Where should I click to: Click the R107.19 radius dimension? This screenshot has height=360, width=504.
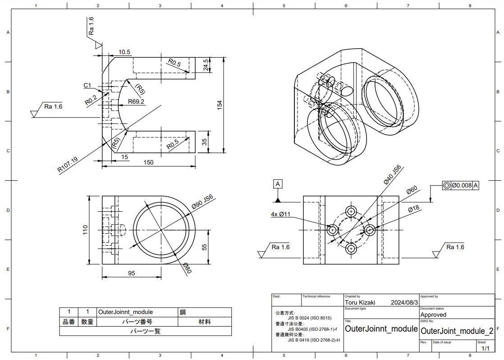pyautogui.click(x=68, y=165)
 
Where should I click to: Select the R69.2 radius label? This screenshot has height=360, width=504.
pyautogui.click(x=136, y=101)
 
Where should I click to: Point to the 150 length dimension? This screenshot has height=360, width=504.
pyautogui.click(x=148, y=162)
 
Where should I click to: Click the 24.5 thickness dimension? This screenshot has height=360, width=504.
pyautogui.click(x=206, y=65)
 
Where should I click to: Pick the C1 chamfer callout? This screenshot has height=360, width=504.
pyautogui.click(x=87, y=85)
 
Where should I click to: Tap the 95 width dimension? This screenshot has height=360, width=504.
pyautogui.click(x=131, y=273)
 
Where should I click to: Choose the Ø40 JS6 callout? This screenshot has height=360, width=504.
pyautogui.click(x=392, y=175)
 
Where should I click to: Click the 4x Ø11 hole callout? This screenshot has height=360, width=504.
pyautogui.click(x=280, y=214)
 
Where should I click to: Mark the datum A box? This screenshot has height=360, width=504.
pyautogui.click(x=278, y=184)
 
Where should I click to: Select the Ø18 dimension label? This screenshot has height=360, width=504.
pyautogui.click(x=413, y=209)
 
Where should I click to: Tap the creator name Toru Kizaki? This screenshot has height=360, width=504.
pyautogui.click(x=360, y=302)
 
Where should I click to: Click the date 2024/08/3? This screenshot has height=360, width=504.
pyautogui.click(x=404, y=302)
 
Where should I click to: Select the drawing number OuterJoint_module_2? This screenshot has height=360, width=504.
pyautogui.click(x=456, y=331)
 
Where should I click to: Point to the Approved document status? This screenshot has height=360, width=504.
pyautogui.click(x=433, y=314)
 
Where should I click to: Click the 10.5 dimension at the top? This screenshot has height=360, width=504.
pyautogui.click(x=124, y=52)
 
